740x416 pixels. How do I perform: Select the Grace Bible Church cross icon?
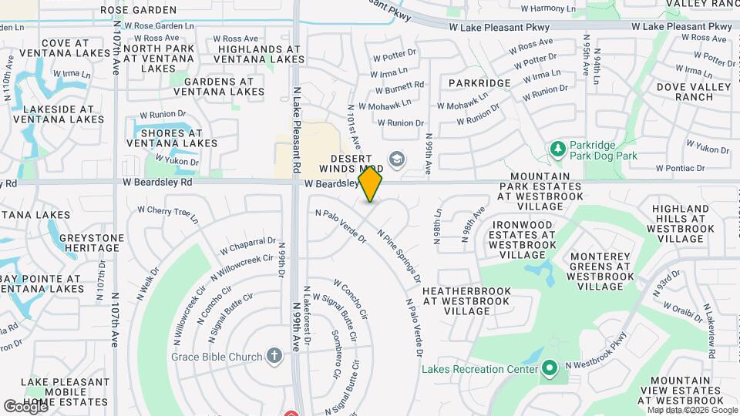pos(274,356)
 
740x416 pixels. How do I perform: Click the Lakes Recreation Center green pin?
pos(549,369)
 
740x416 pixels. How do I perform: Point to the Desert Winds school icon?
pos(397,159)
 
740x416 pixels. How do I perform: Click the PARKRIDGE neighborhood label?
pos(479,83)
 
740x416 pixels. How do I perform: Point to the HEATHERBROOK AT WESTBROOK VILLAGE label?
pos(466,301)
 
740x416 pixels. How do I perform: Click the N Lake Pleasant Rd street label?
pos(297,129)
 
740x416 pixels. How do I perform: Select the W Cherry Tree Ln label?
pos(167,213)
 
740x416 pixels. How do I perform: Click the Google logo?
pos(25,406)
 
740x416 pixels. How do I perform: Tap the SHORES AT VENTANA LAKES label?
pos(172,138)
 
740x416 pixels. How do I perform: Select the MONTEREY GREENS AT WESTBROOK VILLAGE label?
pos(600,271)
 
